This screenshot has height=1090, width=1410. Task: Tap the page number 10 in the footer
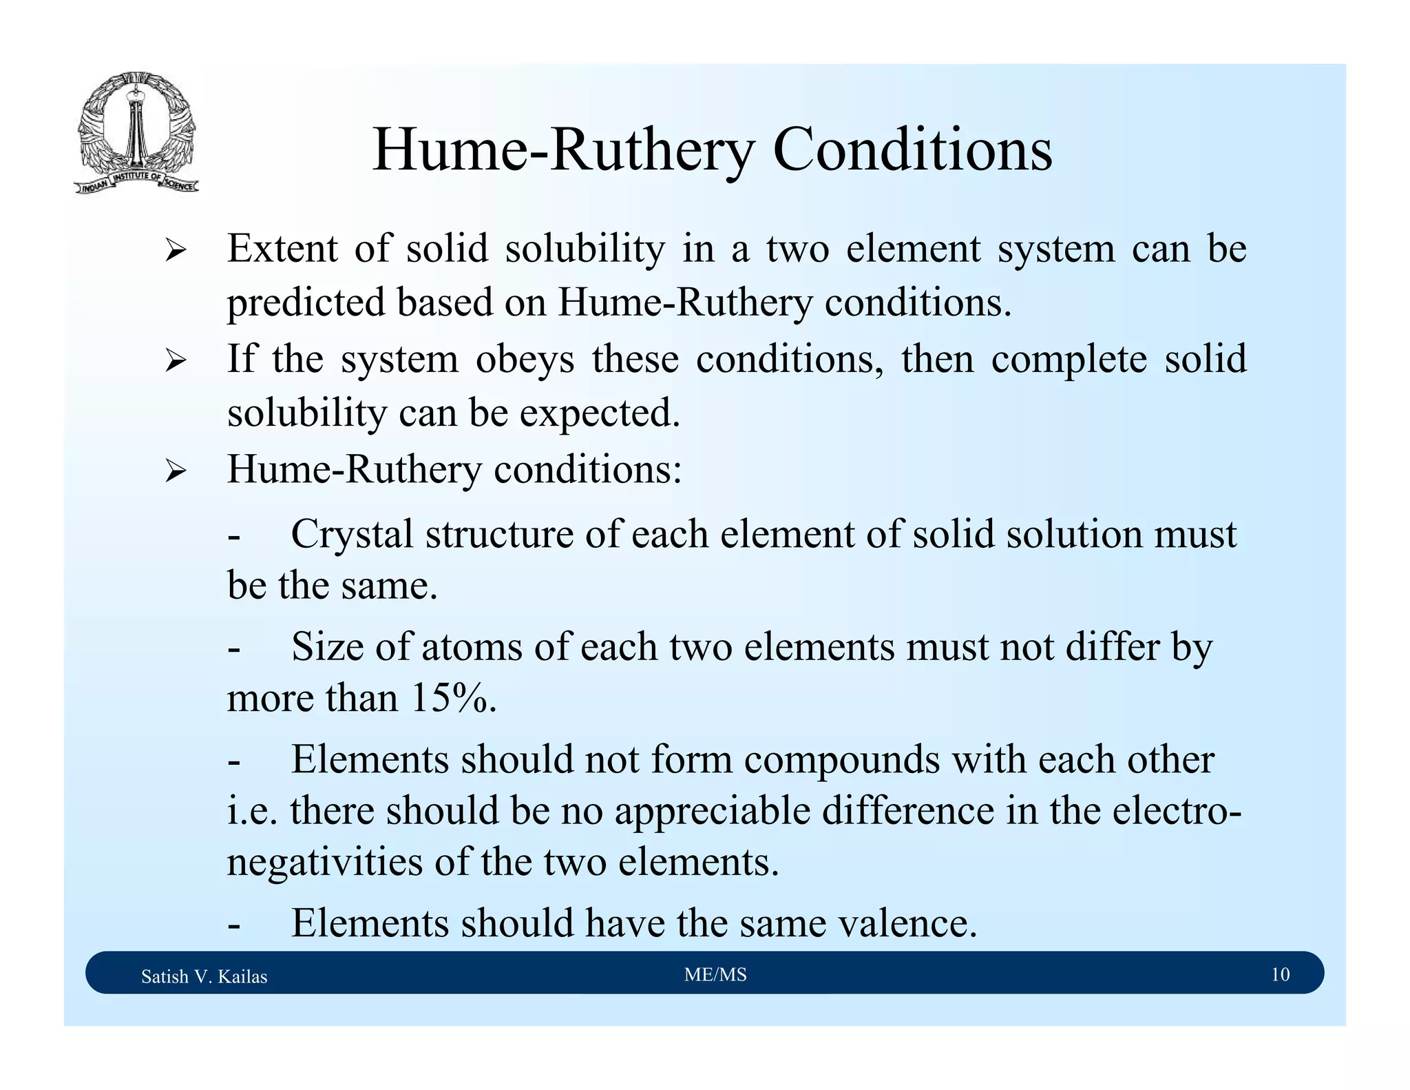click(x=1280, y=974)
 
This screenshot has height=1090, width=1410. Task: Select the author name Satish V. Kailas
click(x=204, y=976)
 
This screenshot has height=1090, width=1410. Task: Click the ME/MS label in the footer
click(x=715, y=974)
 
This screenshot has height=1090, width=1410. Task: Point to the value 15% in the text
click(x=453, y=698)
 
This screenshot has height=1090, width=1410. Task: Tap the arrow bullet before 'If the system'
click(x=176, y=360)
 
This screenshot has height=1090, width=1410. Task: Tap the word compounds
click(x=841, y=760)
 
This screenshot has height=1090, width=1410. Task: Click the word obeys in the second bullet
click(x=525, y=360)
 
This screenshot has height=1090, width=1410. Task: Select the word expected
click(x=599, y=413)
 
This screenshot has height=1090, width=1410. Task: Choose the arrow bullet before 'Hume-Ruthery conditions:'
click(x=176, y=472)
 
